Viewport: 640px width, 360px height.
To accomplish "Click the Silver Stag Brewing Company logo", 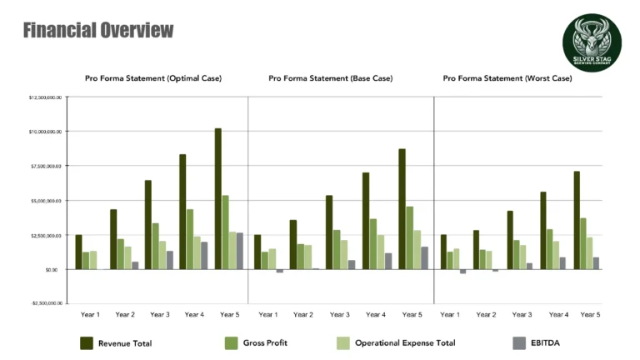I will (592, 43).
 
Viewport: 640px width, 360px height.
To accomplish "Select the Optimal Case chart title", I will (153, 78).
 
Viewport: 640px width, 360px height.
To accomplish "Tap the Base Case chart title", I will (331, 78).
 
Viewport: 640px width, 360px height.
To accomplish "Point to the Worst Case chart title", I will (507, 78).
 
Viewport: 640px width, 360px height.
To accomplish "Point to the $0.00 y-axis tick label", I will (52, 270).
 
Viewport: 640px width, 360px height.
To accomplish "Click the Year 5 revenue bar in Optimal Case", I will (218, 199).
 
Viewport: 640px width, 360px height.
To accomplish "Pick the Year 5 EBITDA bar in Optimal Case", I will (240, 251).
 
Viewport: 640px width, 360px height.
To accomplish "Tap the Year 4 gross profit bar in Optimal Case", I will (190, 239).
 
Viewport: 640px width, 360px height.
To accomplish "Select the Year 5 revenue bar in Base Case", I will (402, 209).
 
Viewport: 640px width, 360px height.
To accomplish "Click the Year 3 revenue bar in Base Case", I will (329, 232).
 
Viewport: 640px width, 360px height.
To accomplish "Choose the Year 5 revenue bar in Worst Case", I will (577, 220).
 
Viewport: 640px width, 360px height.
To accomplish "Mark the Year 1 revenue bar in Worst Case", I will (443, 252).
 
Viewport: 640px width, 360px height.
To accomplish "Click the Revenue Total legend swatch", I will (86, 342).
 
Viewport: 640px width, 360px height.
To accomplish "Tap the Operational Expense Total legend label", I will (405, 342).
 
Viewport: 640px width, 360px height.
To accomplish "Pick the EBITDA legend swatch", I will (519, 342).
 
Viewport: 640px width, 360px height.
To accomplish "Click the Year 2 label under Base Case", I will (304, 314).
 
